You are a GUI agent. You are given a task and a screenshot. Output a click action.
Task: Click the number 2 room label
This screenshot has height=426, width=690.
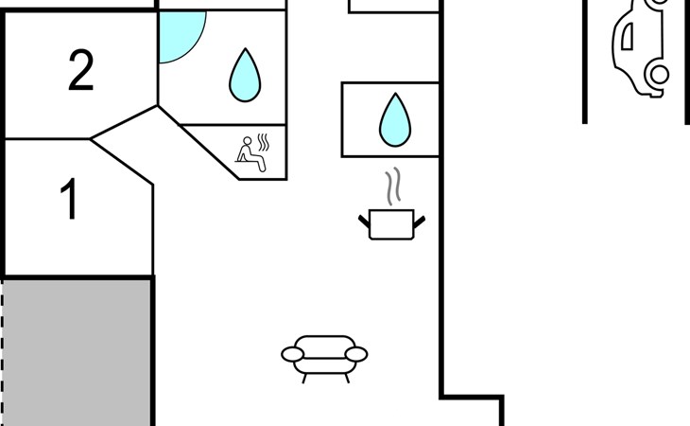[81, 71]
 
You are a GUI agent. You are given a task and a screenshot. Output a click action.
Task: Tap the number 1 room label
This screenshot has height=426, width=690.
[69, 200]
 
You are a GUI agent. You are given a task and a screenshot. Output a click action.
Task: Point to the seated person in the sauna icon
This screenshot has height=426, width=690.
[249, 152]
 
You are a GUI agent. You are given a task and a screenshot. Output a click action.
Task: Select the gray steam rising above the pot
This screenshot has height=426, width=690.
[391, 187]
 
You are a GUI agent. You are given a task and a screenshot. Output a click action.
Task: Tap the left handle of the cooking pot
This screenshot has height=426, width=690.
[364, 221]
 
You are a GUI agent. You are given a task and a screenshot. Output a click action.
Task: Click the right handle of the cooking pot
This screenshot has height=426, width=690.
[419, 221]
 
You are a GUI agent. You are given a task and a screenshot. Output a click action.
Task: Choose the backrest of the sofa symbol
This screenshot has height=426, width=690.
[324, 343]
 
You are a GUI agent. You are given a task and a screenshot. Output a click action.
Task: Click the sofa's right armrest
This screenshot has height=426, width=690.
[355, 354]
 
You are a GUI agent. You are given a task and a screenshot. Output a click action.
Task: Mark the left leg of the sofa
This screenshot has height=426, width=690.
[305, 377]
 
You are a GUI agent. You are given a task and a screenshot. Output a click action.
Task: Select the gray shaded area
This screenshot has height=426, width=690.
[78, 351]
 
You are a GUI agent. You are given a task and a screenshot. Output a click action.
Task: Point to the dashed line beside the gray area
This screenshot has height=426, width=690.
[3, 351]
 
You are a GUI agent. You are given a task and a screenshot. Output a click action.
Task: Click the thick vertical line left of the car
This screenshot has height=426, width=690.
[585, 62]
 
